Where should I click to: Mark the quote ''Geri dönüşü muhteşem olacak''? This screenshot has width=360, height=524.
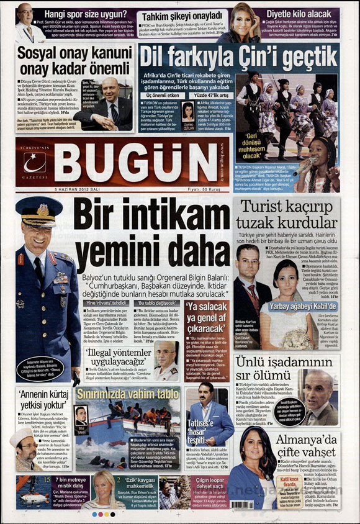[x=265, y=144]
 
